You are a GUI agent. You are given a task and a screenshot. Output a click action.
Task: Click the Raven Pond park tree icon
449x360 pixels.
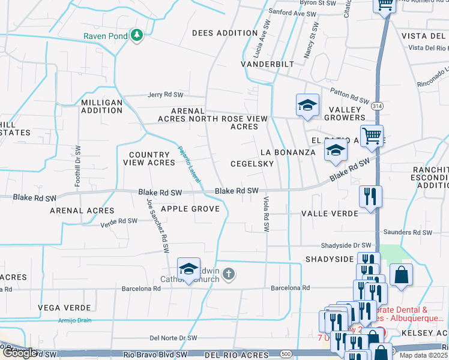point(137,36)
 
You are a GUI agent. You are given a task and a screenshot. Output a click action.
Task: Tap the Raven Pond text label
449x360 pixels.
point(105,36)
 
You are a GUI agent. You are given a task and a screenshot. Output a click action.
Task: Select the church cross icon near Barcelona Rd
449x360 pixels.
point(228,274)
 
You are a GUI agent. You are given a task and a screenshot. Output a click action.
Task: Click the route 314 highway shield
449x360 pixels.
point(376,105)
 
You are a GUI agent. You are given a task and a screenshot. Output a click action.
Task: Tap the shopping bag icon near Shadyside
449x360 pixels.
point(402,275)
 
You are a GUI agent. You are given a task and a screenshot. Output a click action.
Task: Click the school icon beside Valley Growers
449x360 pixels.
point(307,106)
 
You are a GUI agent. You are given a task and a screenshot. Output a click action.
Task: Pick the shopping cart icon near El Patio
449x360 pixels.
point(372,136)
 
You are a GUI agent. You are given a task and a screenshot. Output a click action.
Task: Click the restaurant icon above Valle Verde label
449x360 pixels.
point(369,196)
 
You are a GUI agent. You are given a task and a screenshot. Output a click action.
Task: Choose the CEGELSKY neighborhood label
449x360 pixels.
point(252,164)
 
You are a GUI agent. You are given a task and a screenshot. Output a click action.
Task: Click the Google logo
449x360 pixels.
point(20,353)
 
